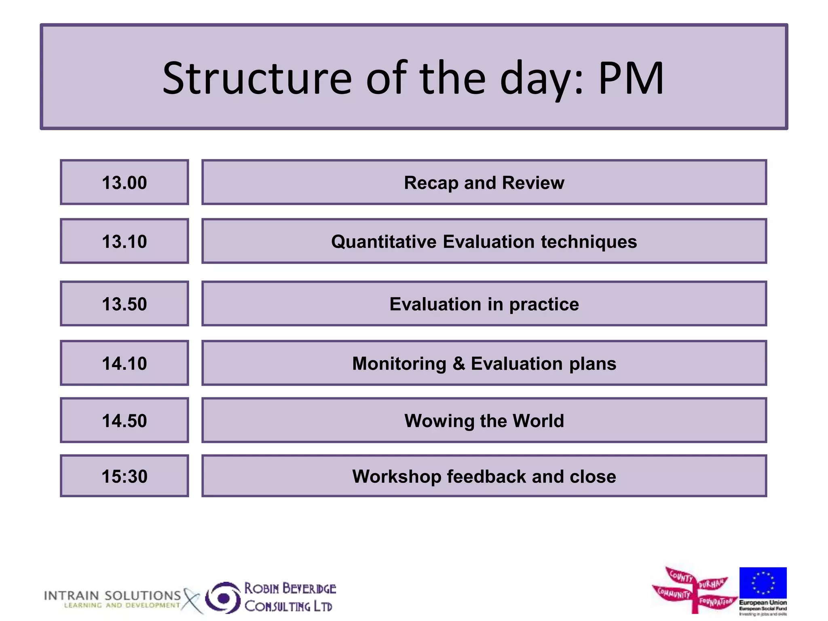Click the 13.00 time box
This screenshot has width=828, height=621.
[124, 182]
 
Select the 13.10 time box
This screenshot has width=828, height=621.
[124, 241]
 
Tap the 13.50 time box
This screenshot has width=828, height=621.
[124, 304]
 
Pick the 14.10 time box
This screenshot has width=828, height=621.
[124, 363]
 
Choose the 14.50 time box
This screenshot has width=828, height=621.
[124, 420]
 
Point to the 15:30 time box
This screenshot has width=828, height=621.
[124, 476]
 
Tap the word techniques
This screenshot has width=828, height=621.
[589, 242]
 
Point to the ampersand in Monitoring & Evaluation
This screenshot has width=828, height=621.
[458, 363]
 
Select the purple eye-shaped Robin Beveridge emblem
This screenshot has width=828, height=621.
[223, 598]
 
